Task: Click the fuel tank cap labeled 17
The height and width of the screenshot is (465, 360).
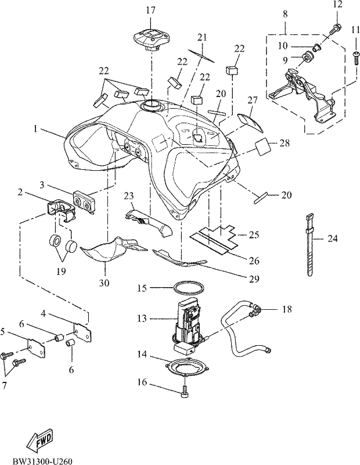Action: tap(152, 38)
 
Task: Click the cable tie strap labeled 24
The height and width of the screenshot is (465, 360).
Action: tap(309, 245)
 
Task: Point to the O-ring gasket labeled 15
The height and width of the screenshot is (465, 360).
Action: tap(189, 288)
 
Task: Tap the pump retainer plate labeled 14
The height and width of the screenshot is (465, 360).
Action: tap(188, 367)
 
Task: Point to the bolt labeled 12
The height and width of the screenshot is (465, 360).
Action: tap(335, 29)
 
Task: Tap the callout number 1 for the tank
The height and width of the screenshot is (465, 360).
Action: tap(35, 129)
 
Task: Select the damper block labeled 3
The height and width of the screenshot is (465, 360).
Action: tap(84, 202)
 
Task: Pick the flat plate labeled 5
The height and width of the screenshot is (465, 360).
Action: tap(36, 347)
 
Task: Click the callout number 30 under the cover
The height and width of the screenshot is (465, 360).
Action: tap(104, 283)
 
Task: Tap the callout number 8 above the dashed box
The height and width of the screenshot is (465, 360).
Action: tap(285, 14)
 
